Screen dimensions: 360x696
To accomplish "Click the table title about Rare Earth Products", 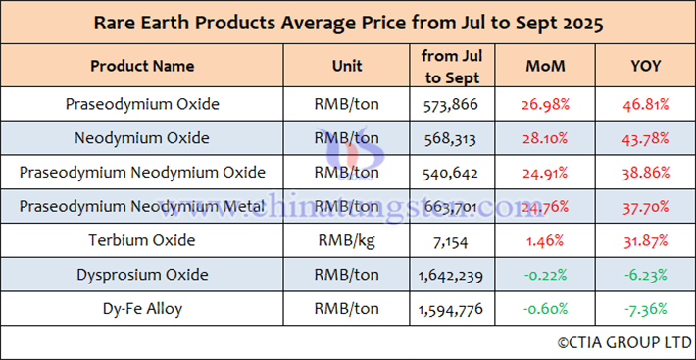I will pyautogui.click(x=348, y=22).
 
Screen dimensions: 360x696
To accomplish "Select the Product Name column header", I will pyautogui.click(x=142, y=67).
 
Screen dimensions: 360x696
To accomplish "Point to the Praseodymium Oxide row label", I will pyautogui.click(x=142, y=104).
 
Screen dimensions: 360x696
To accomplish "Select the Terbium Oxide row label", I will pyautogui.click(x=142, y=241).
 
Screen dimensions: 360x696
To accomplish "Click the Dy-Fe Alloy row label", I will pyautogui.click(x=142, y=309).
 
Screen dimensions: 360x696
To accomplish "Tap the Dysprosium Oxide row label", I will pyautogui.click(x=142, y=276).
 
